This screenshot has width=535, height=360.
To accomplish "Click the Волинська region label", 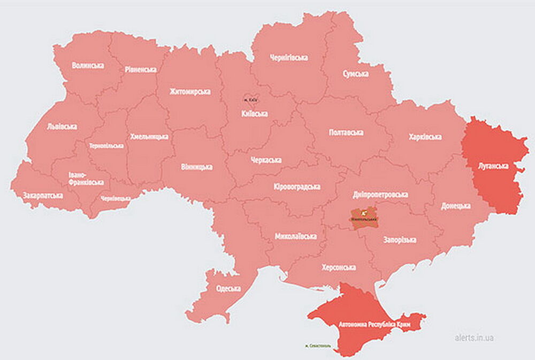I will (88, 65).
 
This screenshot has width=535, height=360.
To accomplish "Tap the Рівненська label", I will (141, 70).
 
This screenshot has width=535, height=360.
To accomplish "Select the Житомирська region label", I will (190, 91).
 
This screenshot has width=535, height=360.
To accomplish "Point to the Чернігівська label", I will (289, 58).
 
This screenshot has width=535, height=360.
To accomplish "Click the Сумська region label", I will (355, 74).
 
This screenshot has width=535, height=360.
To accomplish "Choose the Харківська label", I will (425, 137).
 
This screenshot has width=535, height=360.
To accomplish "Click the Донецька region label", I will (456, 205).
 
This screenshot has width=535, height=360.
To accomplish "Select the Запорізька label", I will (400, 240).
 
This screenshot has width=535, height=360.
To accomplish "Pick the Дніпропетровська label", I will (381, 195).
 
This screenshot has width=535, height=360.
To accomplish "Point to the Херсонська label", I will (339, 267).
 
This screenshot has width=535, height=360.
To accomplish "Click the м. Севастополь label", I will (317, 346).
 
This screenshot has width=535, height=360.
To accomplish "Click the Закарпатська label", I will (43, 196).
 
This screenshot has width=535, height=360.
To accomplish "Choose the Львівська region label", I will (62, 127).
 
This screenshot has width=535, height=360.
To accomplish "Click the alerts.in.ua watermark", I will (474, 338).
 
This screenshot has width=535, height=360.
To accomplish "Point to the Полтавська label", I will (346, 132).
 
